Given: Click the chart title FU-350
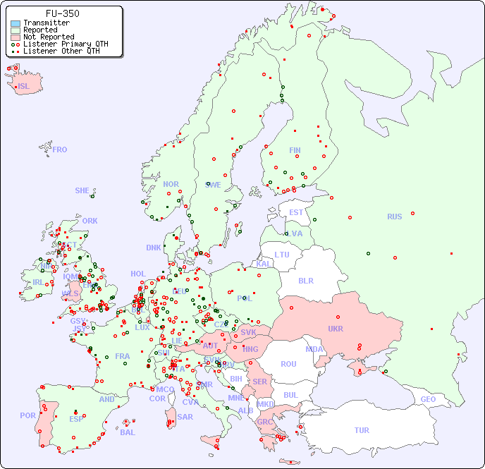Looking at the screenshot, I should point(62,13).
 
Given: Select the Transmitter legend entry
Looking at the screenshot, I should point(46,23).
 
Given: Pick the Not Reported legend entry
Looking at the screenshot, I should point(48,37).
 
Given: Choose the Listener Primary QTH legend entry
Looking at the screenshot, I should point(66,44).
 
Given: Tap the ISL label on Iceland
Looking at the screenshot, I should point(24,87).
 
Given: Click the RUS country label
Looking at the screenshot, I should point(394,217).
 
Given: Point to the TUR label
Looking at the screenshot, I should point(362,430).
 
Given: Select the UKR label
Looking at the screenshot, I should point(336,329).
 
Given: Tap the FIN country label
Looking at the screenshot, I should point(295,150).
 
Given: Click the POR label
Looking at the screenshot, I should point(27,415).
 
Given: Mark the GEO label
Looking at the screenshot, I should point(428,399).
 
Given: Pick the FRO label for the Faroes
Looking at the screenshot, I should point(60,150).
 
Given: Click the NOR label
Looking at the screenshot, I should point(171,184).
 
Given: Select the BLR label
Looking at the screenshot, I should point(306,280).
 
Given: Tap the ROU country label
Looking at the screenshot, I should point(288,364).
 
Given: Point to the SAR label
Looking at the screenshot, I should point(185,417).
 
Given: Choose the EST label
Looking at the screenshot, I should point(296,212).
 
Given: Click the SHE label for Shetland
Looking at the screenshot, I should point(82,190).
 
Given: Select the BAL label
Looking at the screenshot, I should point(128,432).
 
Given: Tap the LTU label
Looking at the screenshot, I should point(282,255).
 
